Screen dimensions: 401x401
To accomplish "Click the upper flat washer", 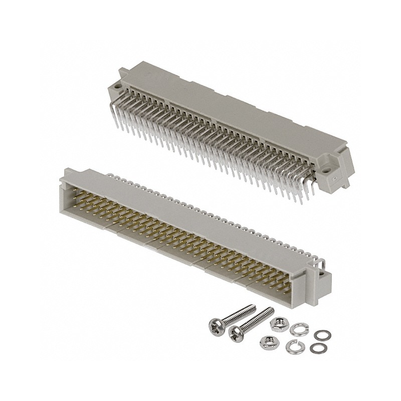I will (319, 335).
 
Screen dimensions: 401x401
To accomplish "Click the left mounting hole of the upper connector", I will (117, 87).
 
